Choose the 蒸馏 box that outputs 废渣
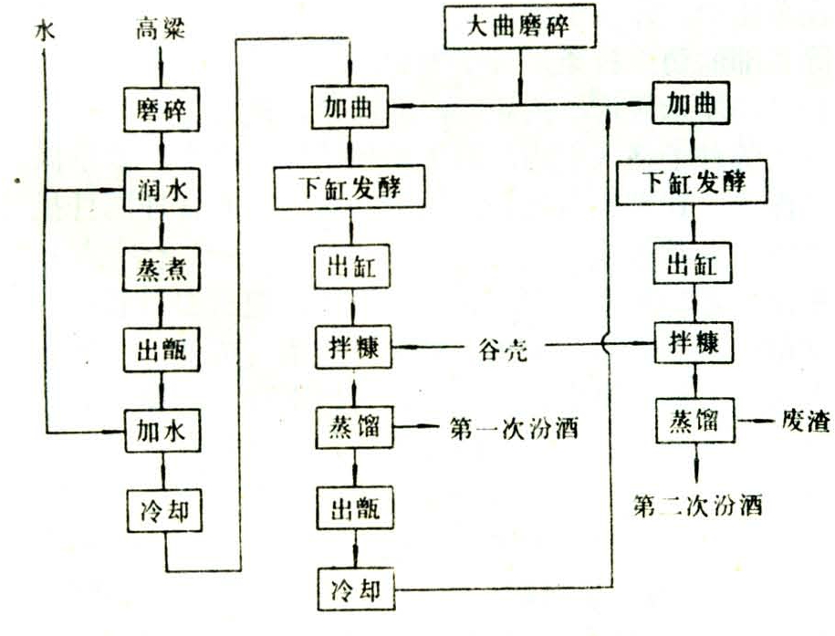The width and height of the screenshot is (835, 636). (x=691, y=422)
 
